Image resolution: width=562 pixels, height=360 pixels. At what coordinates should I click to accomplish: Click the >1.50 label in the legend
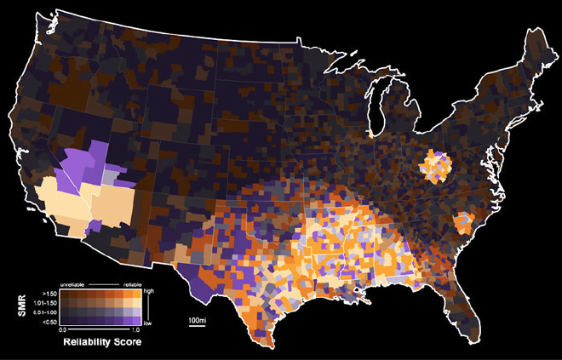click(49, 291)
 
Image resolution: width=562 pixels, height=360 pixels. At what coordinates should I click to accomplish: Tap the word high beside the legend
click(148, 291)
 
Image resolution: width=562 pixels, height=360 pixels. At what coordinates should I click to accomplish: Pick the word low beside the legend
click(147, 324)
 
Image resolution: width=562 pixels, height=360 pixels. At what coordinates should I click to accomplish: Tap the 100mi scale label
click(197, 320)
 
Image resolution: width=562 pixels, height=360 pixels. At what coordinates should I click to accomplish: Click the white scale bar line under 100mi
click(197, 326)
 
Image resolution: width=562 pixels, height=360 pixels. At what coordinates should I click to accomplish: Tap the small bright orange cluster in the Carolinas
click(464, 223)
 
